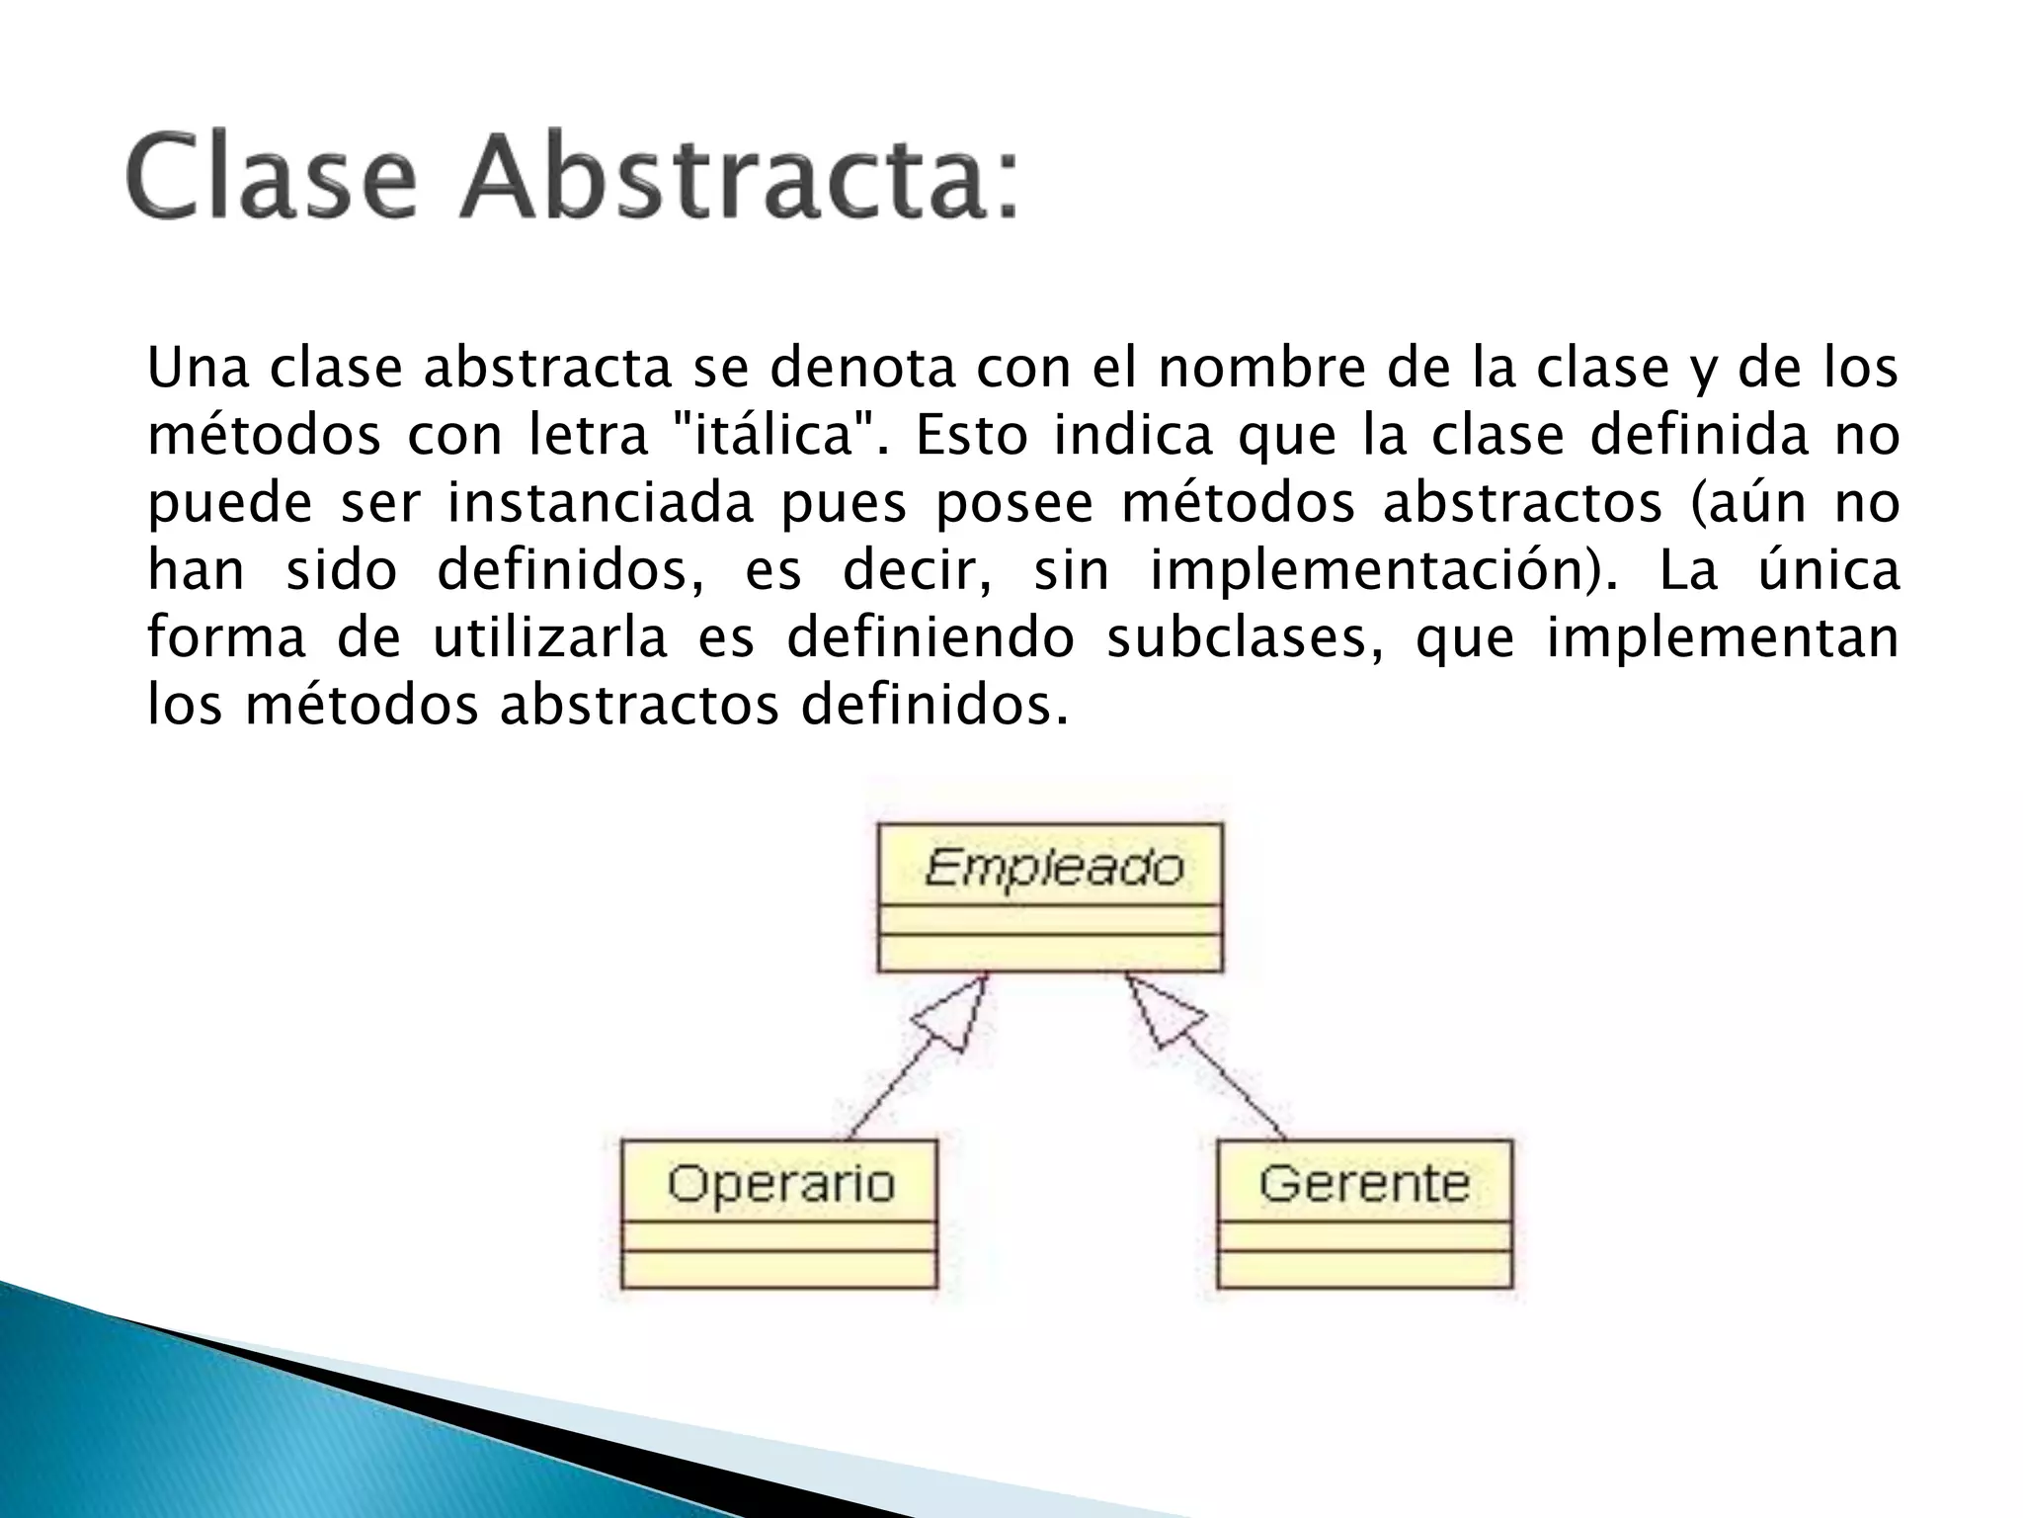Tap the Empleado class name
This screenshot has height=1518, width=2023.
[1054, 868]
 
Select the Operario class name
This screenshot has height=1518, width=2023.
[780, 1183]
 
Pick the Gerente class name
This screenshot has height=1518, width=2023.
[1364, 1183]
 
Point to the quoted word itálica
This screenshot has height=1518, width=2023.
[771, 436]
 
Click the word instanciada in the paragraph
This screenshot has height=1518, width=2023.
[601, 503]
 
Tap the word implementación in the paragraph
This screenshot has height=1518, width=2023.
[1384, 570]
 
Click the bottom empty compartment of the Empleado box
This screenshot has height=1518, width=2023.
[1049, 954]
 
